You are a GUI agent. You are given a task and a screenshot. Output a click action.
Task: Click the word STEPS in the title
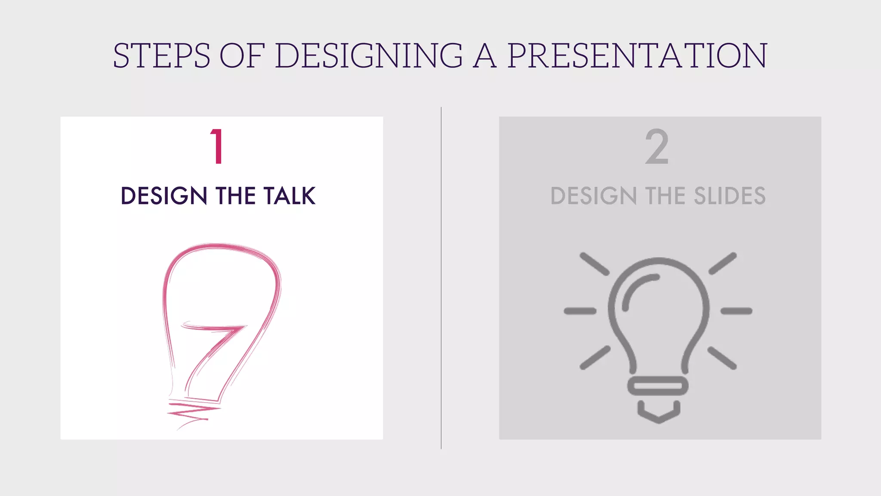(x=161, y=56)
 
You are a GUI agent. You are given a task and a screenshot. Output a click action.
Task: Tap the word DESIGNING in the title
(x=369, y=56)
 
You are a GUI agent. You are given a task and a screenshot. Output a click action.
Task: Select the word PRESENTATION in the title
(x=637, y=56)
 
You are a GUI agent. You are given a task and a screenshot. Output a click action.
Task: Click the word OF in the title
(x=242, y=56)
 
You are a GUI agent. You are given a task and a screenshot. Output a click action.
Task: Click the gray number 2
(x=657, y=147)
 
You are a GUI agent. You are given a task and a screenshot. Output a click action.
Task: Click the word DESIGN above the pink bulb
(x=164, y=196)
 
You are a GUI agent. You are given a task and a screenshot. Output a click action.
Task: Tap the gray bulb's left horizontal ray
(x=580, y=311)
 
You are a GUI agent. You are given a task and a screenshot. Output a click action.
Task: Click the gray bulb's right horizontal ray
(x=736, y=311)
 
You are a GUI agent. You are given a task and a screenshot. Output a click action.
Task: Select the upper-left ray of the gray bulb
(x=595, y=263)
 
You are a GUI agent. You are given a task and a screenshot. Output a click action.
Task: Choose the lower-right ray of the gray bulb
(x=722, y=358)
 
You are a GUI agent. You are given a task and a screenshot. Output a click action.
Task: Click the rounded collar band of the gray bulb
(x=658, y=386)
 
